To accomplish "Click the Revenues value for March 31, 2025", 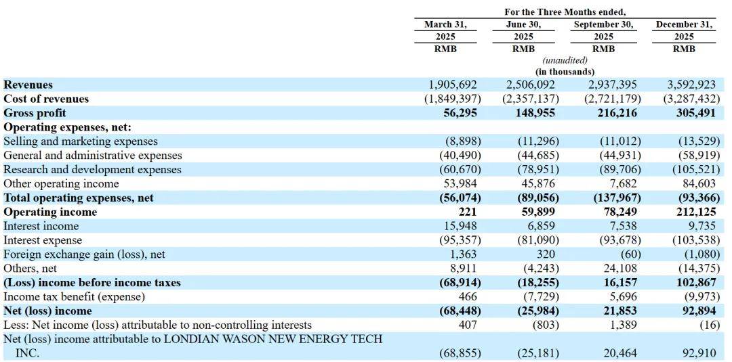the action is click(x=453, y=85).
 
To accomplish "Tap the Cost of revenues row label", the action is click(x=46, y=99).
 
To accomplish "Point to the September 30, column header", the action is click(x=603, y=24).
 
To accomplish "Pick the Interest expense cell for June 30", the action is click(x=533, y=240).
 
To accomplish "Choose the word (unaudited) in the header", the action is click(x=565, y=61).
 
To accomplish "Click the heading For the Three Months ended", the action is click(x=565, y=12).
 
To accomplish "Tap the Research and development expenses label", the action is click(x=92, y=170).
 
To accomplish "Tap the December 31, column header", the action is click(x=685, y=24).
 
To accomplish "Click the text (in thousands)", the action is click(x=565, y=72).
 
